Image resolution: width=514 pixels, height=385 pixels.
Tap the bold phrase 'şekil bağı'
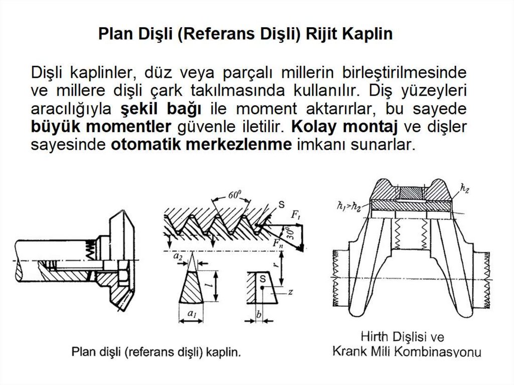pos(161,108)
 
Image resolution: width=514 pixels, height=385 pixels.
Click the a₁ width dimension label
pos(191,313)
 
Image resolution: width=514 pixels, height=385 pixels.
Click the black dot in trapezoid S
pos(263,288)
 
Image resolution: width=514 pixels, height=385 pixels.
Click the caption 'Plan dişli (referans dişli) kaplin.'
pos(156,352)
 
